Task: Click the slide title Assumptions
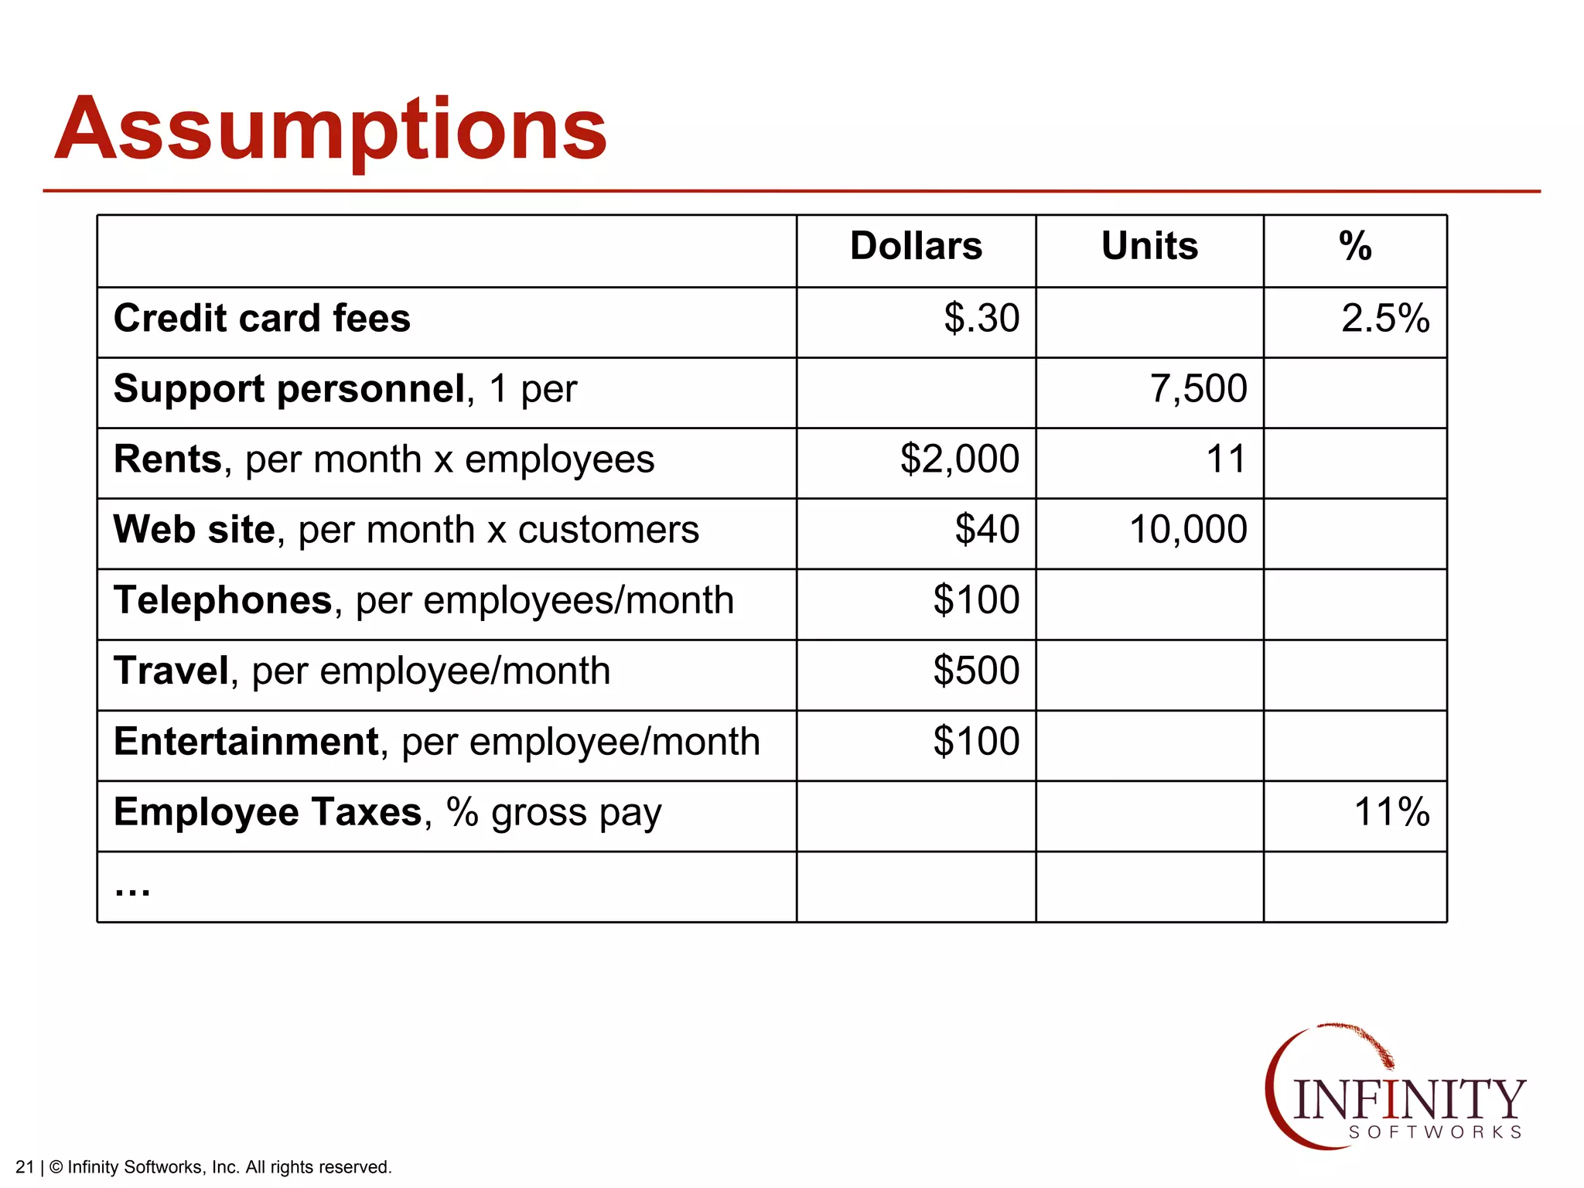coord(331,128)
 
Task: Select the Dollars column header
coord(916,247)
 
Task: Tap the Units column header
coord(1149,247)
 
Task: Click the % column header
coord(1355,247)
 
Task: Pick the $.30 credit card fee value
coord(981,319)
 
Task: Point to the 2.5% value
coord(1385,319)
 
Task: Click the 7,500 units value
coord(1198,389)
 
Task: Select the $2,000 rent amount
coord(960,459)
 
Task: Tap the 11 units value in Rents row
coord(1226,459)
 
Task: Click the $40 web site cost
coord(987,530)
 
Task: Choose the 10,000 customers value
coord(1188,530)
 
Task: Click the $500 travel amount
coord(976,671)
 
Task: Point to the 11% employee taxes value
coord(1391,812)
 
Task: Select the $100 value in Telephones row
coord(976,600)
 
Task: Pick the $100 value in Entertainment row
coord(976,742)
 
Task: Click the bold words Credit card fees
coord(261,319)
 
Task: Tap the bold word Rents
coord(168,459)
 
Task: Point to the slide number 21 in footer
coord(25,1167)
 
